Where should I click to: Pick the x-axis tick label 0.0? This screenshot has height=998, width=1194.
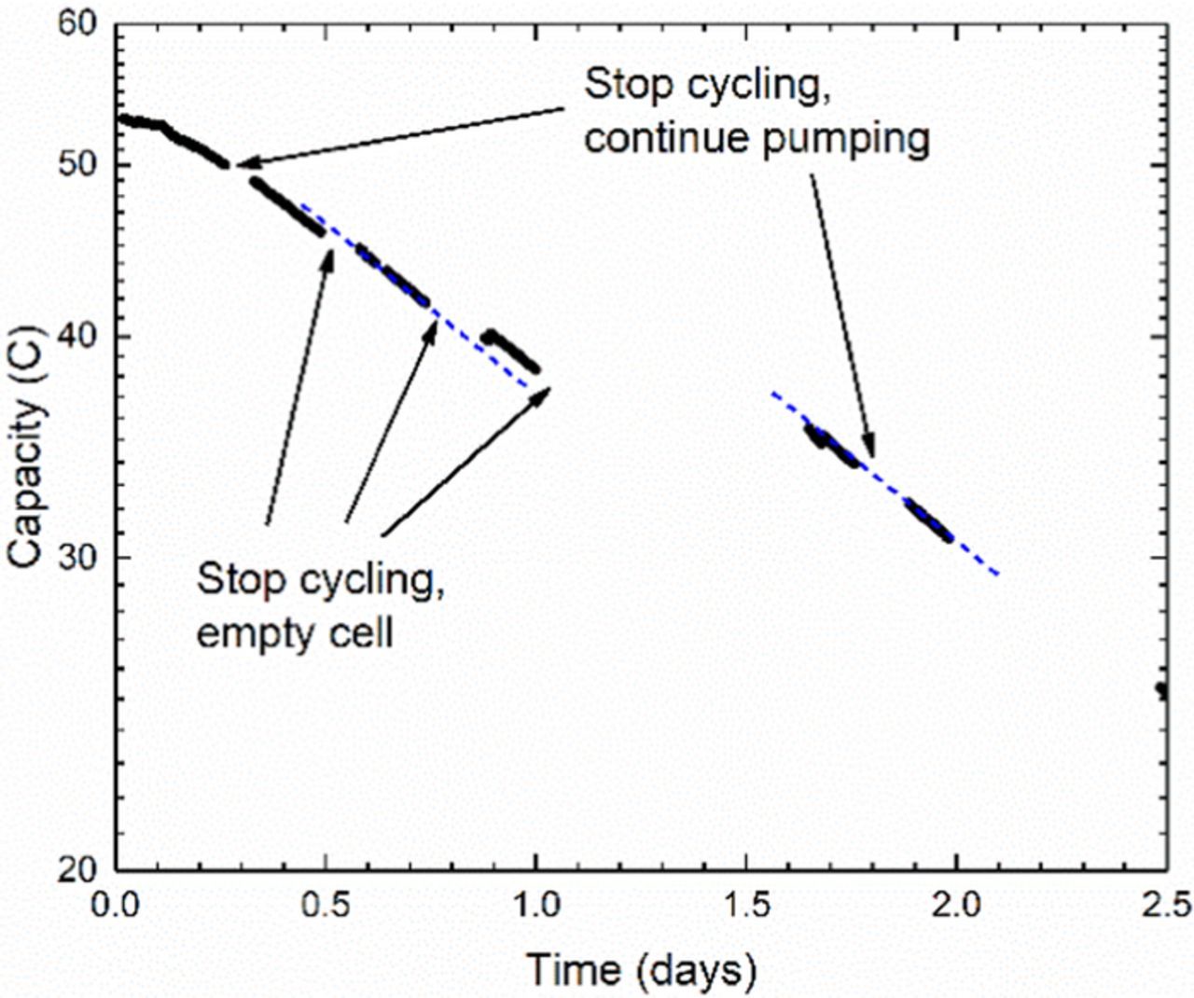point(117,906)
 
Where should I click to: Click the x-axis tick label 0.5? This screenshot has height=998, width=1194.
point(326,906)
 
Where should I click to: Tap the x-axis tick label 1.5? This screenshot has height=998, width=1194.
point(746,906)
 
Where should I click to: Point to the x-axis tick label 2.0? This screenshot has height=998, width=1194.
point(956,906)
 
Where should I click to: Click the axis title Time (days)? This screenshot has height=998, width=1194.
point(641,970)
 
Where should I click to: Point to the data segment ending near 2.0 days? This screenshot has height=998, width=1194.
point(928,520)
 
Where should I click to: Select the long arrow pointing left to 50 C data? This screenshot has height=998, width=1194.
point(401,137)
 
